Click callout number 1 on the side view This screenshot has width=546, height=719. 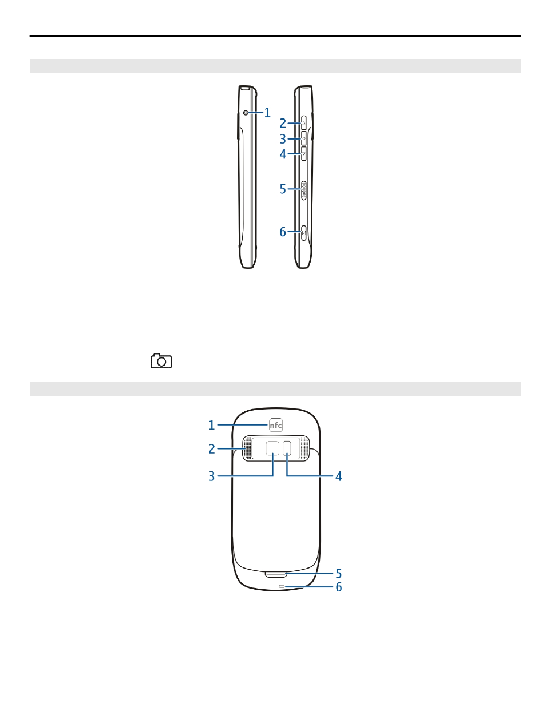click(x=267, y=113)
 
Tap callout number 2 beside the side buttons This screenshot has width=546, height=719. click(x=283, y=124)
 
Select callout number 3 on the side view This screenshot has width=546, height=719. click(x=283, y=139)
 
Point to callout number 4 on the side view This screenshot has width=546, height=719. click(x=283, y=154)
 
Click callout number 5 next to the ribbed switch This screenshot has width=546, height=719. click(x=283, y=189)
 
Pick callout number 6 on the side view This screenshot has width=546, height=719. click(x=283, y=232)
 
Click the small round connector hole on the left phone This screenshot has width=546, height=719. click(x=246, y=113)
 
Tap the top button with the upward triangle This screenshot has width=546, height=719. click(x=303, y=123)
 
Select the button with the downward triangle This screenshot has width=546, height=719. click(x=303, y=154)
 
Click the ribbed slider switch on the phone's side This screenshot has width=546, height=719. click(x=304, y=190)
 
